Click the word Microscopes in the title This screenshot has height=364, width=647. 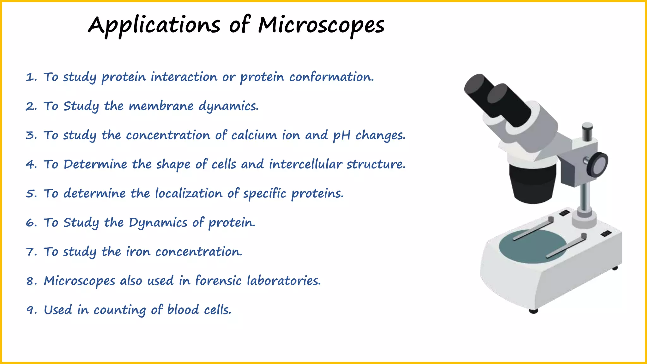(x=321, y=25)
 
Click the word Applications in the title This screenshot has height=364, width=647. (x=154, y=25)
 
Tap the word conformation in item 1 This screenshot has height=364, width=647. (x=331, y=77)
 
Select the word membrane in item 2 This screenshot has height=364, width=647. (x=161, y=106)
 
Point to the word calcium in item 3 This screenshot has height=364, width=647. (x=254, y=135)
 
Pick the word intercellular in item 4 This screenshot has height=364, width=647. (x=305, y=164)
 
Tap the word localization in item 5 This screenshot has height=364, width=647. (x=189, y=193)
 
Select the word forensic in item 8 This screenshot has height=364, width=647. (x=218, y=281)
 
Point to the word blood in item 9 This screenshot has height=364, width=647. (x=183, y=310)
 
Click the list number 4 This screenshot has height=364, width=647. (x=31, y=165)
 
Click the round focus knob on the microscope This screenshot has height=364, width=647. (x=598, y=164)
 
